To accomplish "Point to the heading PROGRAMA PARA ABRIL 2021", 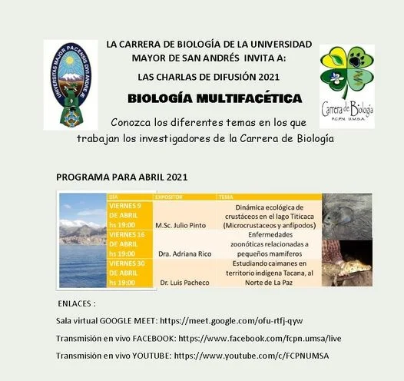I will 122,177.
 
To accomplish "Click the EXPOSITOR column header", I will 170,197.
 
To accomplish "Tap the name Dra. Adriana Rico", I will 184,253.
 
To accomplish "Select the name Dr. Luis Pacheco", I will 185,283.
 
